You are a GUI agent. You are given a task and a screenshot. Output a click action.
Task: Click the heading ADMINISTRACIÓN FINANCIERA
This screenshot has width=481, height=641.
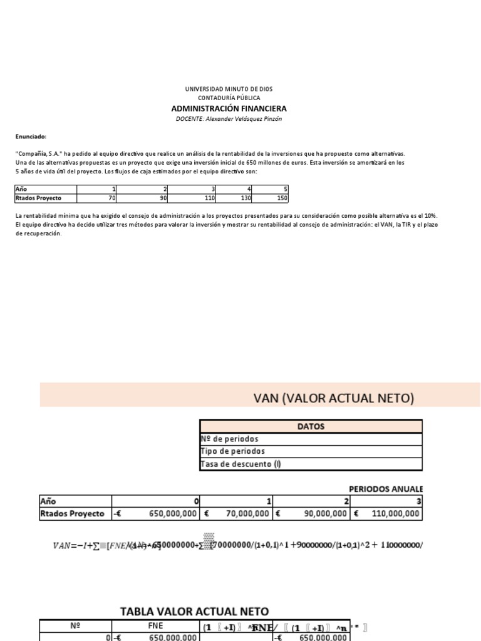tap(229, 108)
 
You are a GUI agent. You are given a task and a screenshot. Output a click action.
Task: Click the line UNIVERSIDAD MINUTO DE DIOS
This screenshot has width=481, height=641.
tap(229, 90)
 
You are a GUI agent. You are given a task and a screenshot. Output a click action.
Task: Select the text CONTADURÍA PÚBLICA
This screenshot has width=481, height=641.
tap(229, 98)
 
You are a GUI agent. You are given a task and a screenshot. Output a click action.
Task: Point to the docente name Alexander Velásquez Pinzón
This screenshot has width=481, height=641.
tap(240, 119)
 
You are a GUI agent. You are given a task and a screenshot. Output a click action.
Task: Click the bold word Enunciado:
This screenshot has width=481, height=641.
tap(31, 136)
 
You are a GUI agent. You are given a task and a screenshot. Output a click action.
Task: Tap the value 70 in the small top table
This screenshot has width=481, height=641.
tap(112, 198)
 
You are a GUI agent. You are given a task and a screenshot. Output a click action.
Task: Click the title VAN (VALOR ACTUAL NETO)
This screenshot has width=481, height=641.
tap(333, 397)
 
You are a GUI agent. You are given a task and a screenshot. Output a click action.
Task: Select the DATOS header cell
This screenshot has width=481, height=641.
tap(311, 426)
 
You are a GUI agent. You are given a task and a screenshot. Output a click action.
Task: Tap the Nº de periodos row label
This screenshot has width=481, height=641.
tap(229, 439)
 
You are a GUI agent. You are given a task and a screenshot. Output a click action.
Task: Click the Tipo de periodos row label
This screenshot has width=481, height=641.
tap(232, 451)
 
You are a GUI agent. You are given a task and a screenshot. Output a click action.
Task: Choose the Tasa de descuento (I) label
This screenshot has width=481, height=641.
tap(240, 464)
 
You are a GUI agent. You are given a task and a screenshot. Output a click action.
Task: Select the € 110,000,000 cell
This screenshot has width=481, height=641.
tap(388, 513)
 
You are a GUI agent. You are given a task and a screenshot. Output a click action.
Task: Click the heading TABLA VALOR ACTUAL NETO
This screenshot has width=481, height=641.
tap(194, 611)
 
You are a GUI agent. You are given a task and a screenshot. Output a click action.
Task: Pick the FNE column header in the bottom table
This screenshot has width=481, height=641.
tap(155, 625)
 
